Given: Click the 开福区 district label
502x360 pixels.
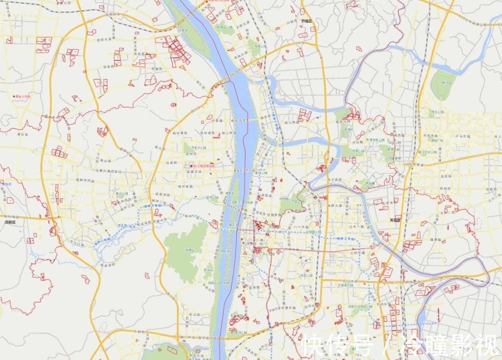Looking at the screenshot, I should click(x=307, y=21).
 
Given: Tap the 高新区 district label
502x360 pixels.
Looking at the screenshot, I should click(x=10, y=222).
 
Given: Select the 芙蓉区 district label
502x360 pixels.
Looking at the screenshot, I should click(x=395, y=220).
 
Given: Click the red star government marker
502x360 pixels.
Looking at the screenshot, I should click(x=190, y=166).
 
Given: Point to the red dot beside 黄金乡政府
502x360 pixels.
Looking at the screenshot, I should click(x=14, y=96).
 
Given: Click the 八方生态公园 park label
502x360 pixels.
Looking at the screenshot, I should click(x=193, y=148).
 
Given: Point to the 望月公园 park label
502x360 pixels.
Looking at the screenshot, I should click(x=212, y=197).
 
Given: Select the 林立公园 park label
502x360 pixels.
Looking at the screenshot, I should click(x=436, y=112).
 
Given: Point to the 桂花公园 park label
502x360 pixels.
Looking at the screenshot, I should click(x=306, y=275).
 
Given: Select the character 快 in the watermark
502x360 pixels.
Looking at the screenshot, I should click(x=311, y=346).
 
